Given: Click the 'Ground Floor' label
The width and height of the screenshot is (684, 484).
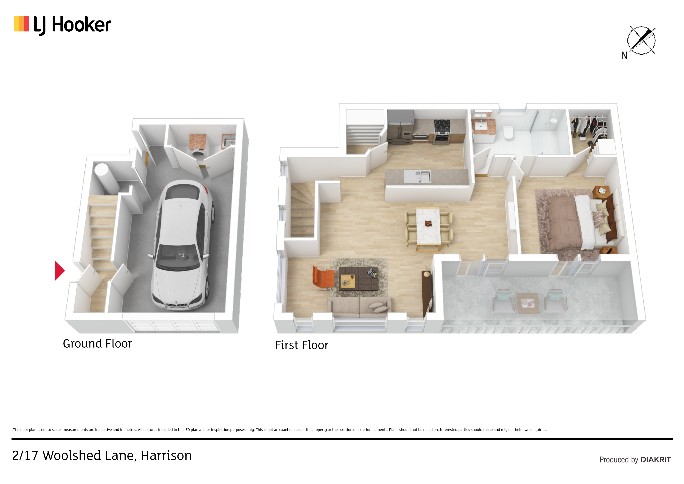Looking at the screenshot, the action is (x=97, y=343).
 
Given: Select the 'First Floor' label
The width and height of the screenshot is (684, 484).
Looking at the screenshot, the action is (x=301, y=345).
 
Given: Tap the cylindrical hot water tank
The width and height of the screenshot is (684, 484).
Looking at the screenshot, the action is (x=106, y=178).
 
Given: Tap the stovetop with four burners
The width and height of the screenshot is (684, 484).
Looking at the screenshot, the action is (x=442, y=126).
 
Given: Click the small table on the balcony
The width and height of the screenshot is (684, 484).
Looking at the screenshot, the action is (x=528, y=303).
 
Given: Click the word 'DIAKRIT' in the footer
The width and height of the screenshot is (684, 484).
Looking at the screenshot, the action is (x=656, y=460).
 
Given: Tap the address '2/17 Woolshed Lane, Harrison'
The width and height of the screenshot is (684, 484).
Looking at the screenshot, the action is (x=102, y=455).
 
